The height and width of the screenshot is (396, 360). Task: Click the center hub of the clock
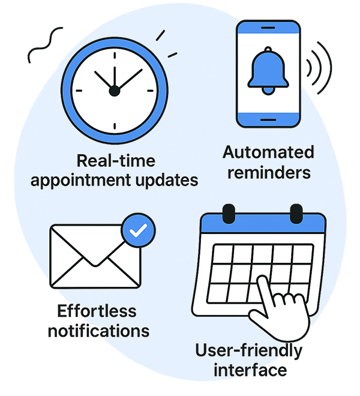114,90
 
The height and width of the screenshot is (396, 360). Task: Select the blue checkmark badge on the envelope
138,230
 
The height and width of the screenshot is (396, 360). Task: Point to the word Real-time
116,160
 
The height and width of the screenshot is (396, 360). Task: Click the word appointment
88,179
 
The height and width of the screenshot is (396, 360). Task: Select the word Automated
268,152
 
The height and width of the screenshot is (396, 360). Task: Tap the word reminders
268,172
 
